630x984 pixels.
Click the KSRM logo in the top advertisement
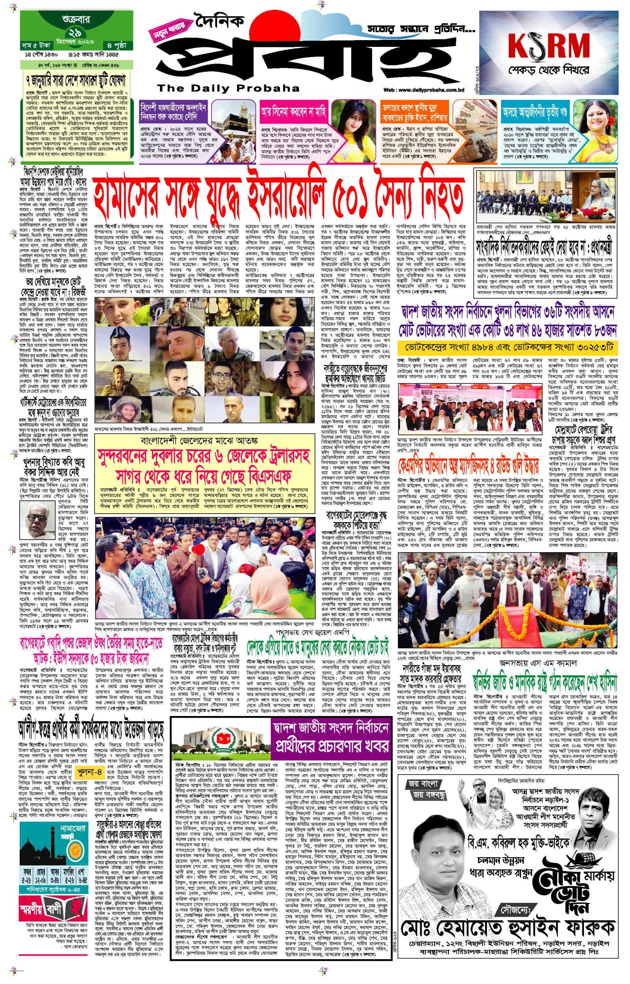548,45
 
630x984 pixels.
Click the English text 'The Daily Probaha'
228,88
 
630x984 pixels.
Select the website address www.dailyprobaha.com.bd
424,90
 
